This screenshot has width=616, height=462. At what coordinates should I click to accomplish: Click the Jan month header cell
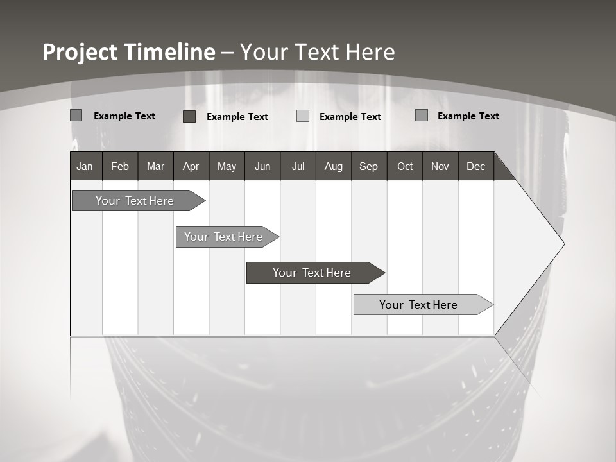85,166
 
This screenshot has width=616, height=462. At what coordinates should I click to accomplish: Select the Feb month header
120,166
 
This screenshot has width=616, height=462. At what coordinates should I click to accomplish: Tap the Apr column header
191,166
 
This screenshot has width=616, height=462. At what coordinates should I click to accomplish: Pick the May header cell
227,166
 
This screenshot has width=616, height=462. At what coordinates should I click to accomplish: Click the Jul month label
298,166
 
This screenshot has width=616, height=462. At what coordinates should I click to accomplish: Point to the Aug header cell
333,166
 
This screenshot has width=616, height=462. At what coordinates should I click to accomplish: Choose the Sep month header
368,166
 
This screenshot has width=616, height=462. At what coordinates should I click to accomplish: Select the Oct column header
405,166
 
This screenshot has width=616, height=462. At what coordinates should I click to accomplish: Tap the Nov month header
440,166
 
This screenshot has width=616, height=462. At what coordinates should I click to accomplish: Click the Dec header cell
475,166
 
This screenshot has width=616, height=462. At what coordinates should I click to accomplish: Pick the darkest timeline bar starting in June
312,273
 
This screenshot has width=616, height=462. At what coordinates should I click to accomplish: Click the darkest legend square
189,116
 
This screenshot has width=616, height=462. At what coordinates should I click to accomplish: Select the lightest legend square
303,116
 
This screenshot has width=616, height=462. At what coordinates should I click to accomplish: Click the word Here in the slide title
370,52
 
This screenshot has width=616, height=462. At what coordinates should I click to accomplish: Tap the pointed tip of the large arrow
563,244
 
